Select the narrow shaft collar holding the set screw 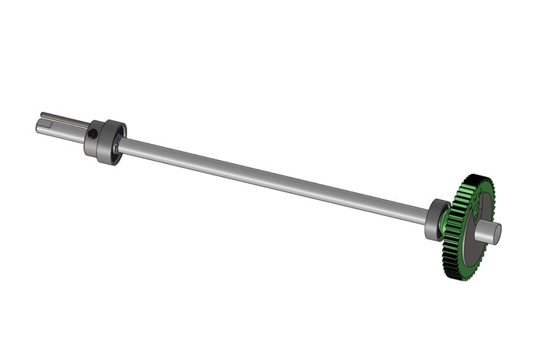pyautogui.click(x=95, y=139)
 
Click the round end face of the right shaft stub pyautogui.click(x=496, y=231)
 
